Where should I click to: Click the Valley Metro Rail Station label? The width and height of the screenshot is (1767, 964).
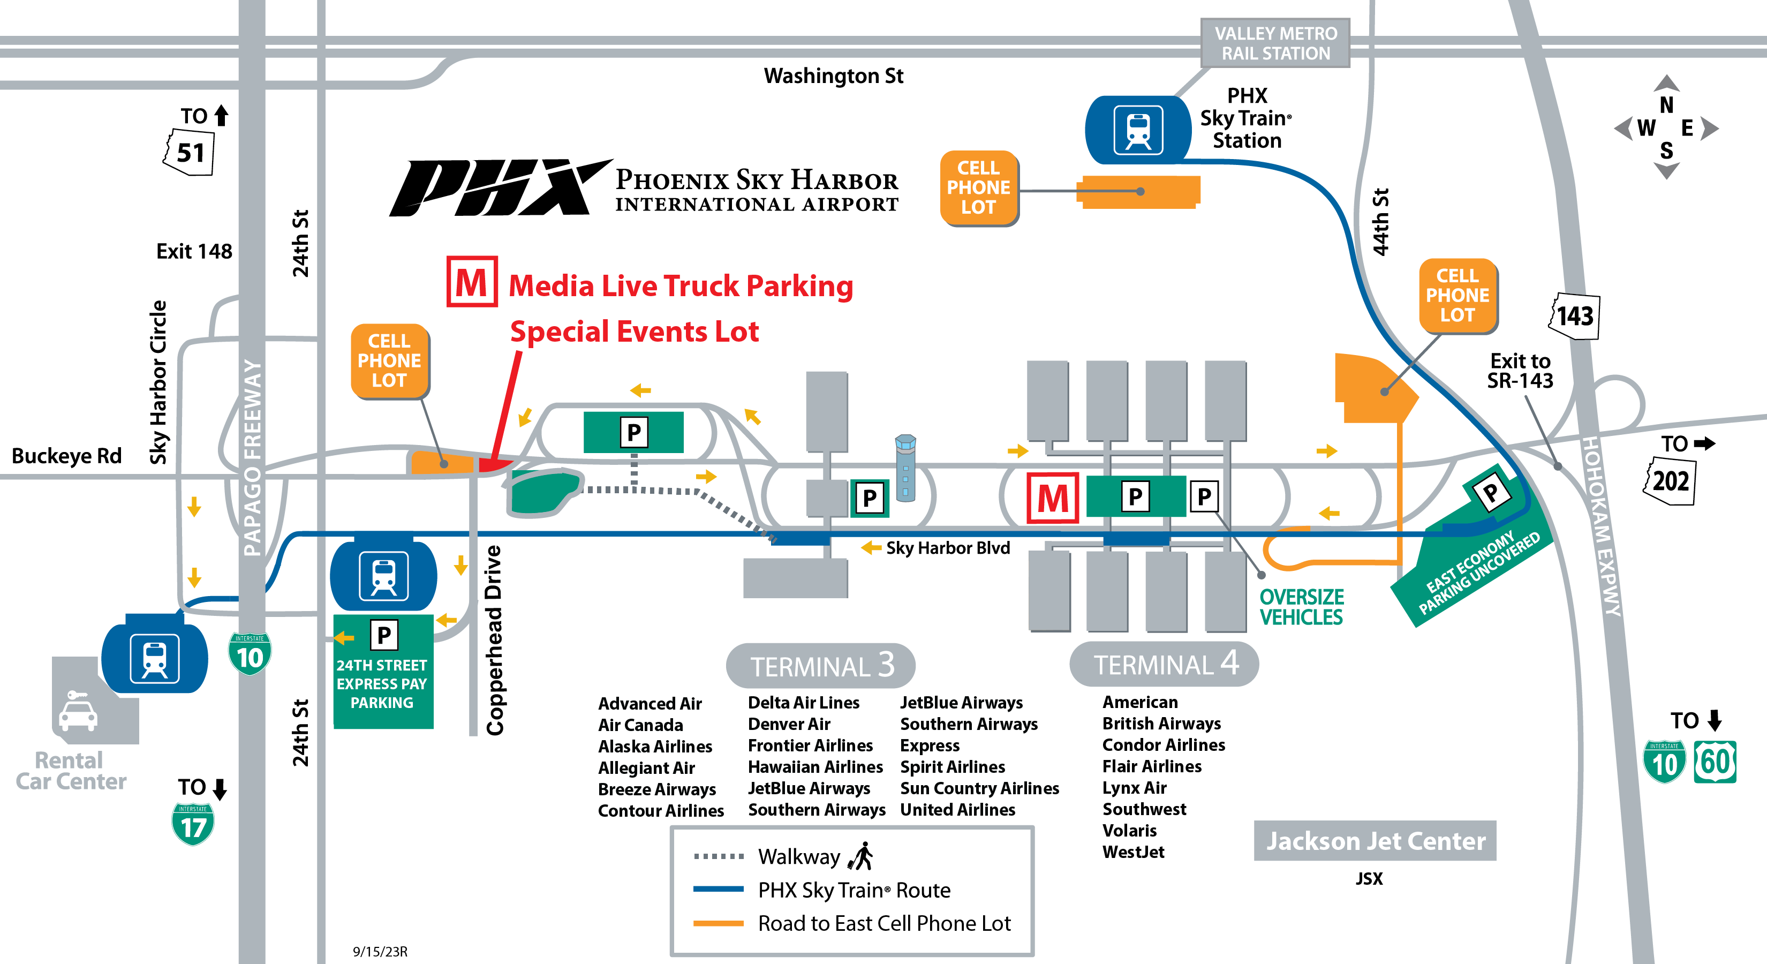(1275, 43)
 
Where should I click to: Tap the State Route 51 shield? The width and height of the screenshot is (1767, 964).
(190, 152)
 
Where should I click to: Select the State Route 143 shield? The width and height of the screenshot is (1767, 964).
(1575, 317)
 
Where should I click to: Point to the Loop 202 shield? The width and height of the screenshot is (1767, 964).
(1670, 481)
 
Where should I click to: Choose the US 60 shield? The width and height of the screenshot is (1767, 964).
(1715, 762)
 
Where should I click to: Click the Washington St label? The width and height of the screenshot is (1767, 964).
(833, 76)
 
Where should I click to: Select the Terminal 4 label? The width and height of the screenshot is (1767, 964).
(1164, 664)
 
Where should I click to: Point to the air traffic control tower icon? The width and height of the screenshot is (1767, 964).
(905, 466)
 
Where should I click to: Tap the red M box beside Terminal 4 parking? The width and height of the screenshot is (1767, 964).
(1052, 498)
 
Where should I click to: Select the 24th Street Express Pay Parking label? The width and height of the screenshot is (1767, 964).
(382, 683)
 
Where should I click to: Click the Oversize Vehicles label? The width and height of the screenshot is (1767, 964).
(1301, 607)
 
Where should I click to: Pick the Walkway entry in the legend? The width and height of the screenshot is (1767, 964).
(798, 856)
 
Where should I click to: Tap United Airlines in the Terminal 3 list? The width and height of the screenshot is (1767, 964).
(957, 810)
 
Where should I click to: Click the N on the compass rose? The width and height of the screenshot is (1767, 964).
(1666, 105)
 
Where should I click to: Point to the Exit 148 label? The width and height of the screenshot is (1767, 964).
(194, 251)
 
